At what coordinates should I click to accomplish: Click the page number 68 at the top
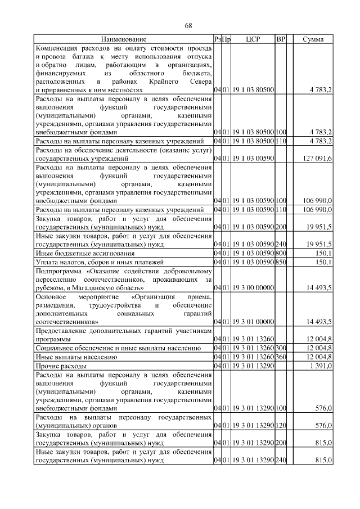coord(189,26)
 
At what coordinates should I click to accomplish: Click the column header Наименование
coord(124,39)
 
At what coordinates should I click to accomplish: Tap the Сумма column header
coord(313,39)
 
